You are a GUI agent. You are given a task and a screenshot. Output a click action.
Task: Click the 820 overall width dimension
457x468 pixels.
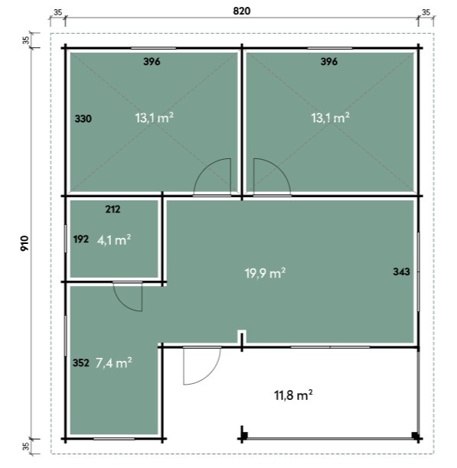click(x=241, y=11)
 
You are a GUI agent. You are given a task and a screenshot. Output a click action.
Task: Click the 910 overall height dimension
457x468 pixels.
click(x=24, y=243)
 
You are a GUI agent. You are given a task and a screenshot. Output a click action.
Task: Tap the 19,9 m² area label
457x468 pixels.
click(x=265, y=273)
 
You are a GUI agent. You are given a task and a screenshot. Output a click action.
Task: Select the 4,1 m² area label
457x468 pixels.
click(x=114, y=239)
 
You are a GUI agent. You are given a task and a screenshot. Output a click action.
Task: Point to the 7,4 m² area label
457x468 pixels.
click(x=114, y=362)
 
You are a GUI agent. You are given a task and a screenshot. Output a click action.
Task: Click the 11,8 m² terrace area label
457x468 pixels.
click(x=293, y=395)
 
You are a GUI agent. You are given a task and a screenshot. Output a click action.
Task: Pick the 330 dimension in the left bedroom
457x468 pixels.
click(x=83, y=119)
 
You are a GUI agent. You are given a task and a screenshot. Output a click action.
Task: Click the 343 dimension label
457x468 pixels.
click(x=401, y=271)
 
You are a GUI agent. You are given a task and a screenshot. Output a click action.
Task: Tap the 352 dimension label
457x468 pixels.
click(x=81, y=363)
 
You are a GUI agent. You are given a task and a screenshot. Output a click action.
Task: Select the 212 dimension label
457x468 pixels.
click(x=113, y=210)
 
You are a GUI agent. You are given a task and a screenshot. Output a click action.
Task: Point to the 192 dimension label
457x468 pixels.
click(x=81, y=239)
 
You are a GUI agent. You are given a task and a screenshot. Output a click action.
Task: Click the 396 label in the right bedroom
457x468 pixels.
click(x=329, y=61)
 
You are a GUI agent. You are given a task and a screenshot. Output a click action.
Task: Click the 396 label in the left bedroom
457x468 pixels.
click(x=152, y=61)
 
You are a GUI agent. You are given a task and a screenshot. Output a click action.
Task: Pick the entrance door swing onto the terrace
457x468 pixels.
click(x=211, y=374)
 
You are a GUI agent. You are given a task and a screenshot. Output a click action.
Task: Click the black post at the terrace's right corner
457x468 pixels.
click(x=415, y=435)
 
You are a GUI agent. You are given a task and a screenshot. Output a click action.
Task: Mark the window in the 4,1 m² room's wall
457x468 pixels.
click(x=65, y=239)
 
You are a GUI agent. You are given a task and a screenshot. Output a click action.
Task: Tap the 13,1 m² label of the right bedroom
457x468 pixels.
click(x=330, y=118)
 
